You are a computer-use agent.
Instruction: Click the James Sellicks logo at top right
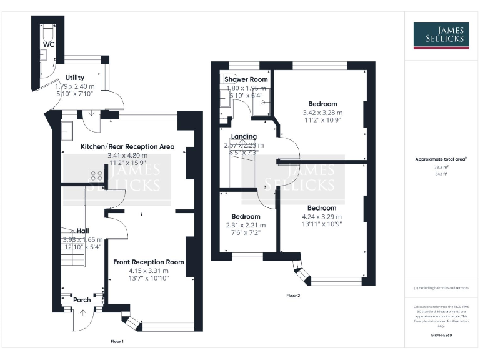pos(441,35)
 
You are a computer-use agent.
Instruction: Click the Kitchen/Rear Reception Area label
pos(127,146)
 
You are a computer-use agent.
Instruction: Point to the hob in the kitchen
pos(96,176)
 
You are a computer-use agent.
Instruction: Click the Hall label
pos(82,230)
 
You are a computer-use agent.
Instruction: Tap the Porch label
pos(82,300)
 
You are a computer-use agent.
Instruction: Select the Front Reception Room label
pos(149,262)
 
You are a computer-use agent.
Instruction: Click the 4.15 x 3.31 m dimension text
pos(149,271)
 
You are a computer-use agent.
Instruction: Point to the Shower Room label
pos(246,79)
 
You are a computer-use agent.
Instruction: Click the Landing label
pos(244,136)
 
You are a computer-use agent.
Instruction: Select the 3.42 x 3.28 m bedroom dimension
pos(322,112)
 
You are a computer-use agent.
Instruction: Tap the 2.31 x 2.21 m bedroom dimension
pos(245,225)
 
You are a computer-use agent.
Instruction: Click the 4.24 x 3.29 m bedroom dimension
pos(322,217)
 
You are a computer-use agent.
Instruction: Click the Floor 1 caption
pos(117,341)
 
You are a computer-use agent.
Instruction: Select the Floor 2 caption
pos(294,295)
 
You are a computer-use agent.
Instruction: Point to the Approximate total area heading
pos(441,159)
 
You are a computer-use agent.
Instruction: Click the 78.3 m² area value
pos(441,167)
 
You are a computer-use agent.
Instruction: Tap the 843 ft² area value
pos(441,174)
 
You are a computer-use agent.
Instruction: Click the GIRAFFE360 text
pos(441,336)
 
